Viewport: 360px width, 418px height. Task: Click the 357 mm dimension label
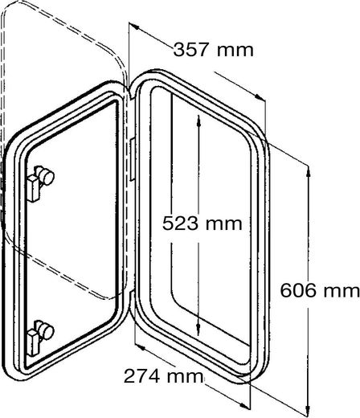213,50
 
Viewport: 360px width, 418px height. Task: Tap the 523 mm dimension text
202,223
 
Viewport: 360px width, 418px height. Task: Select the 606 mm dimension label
320,290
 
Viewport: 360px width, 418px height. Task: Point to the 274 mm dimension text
163,376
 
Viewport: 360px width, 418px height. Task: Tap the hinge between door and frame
132,160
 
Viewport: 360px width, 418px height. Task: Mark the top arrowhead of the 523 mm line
198,121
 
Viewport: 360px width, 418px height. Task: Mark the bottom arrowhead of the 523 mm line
198,330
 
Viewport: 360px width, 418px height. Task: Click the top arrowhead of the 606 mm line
309,171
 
